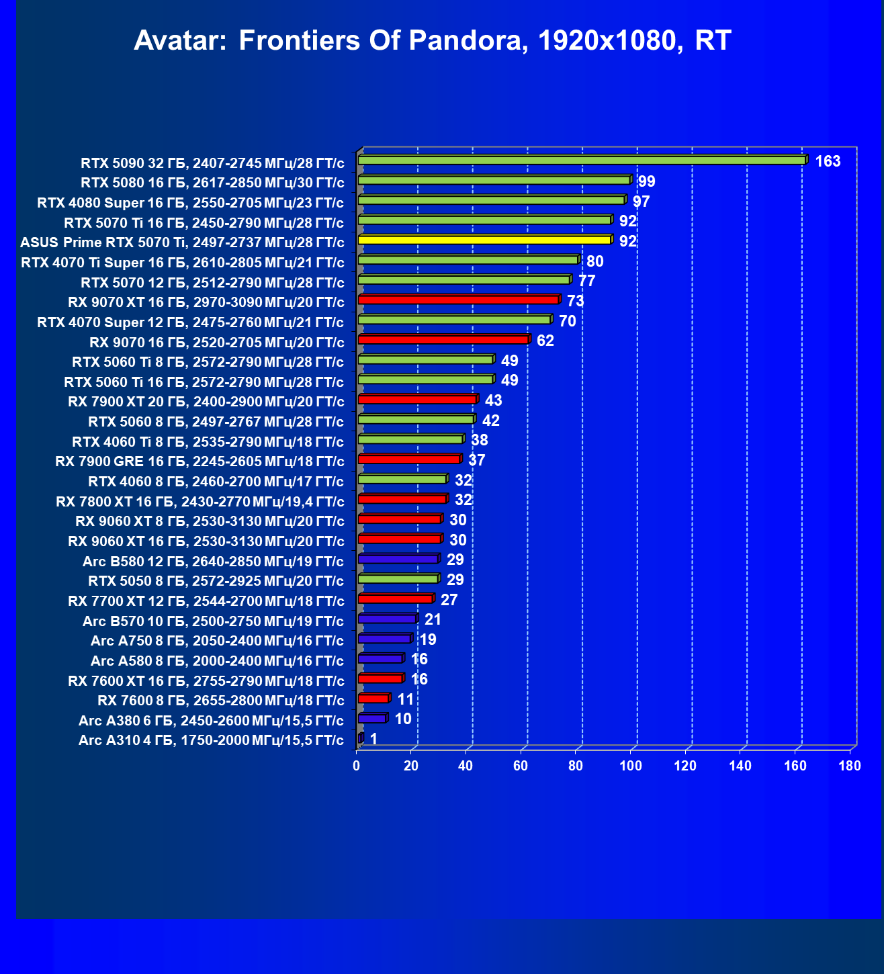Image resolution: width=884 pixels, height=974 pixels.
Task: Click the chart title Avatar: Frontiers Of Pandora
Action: point(432,41)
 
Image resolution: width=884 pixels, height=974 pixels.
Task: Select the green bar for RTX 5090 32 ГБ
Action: point(582,160)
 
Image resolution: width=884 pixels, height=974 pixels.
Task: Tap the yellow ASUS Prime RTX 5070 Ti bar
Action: point(484,240)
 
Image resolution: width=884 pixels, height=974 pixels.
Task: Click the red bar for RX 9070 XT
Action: point(458,300)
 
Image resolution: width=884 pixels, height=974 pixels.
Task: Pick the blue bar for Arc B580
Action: point(398,559)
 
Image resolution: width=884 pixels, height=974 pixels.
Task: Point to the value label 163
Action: point(828,161)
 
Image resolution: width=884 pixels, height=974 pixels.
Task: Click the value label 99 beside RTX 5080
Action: point(646,181)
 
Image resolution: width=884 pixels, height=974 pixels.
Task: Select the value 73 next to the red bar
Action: point(576,301)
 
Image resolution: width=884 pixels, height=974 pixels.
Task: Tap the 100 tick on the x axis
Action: point(630,766)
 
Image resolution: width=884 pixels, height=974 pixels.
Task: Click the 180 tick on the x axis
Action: point(850,766)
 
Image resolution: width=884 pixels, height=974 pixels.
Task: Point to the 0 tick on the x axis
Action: point(357,766)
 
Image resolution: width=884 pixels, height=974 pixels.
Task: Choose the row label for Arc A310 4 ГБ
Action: point(211,740)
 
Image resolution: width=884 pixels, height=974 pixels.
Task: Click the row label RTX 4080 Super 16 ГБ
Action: point(191,203)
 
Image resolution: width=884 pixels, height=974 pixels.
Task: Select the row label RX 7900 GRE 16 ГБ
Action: point(200,461)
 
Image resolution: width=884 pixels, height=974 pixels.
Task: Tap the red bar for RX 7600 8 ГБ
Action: point(373,699)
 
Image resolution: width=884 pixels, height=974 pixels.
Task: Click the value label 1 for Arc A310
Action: point(373,739)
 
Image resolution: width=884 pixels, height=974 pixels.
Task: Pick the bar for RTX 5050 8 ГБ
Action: point(398,579)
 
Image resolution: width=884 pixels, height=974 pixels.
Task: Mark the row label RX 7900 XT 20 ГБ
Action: point(206,402)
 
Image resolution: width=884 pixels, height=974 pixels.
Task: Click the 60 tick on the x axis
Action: point(521,766)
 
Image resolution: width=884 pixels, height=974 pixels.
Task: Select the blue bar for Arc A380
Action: point(372,719)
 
